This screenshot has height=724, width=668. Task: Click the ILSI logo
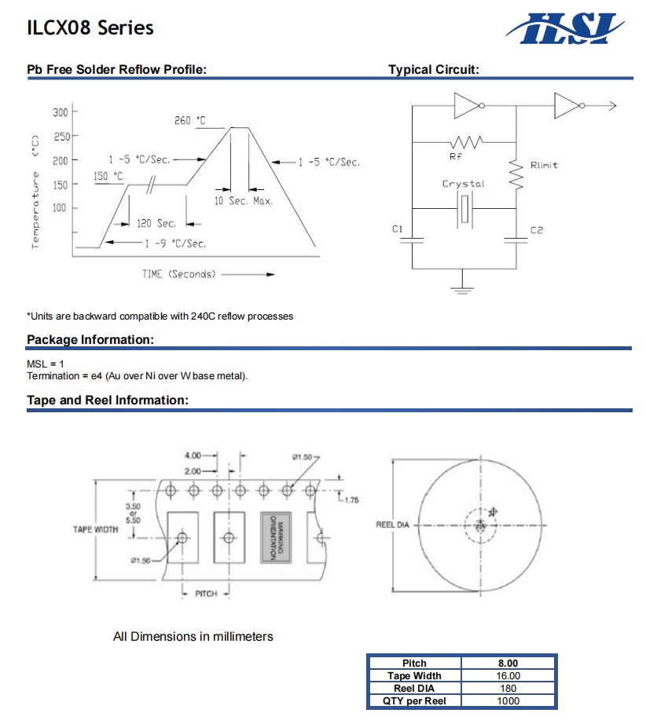pyautogui.click(x=568, y=28)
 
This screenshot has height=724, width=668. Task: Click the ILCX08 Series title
pyautogui.click(x=90, y=28)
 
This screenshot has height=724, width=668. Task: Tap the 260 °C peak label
pyautogui.click(x=190, y=120)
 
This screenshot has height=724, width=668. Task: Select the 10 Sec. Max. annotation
pyautogui.click(x=244, y=202)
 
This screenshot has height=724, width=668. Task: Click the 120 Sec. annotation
pyautogui.click(x=155, y=224)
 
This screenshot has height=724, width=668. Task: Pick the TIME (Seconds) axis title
pyautogui.click(x=178, y=274)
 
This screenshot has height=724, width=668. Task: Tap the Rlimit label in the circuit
pyautogui.click(x=544, y=166)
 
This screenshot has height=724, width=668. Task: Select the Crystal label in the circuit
pyautogui.click(x=464, y=184)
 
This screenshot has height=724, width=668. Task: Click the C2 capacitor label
pyautogui.click(x=536, y=230)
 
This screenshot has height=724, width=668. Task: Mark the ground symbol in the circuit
pyautogui.click(x=462, y=289)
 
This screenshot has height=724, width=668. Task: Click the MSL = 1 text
pyautogui.click(x=46, y=364)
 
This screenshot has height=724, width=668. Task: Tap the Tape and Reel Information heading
pyautogui.click(x=108, y=400)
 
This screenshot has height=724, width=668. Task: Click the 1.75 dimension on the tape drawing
pyautogui.click(x=351, y=499)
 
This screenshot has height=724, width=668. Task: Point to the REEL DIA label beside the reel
pyautogui.click(x=393, y=525)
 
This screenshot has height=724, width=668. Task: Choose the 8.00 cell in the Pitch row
pyautogui.click(x=508, y=664)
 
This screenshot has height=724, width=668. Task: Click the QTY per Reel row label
pyautogui.click(x=414, y=700)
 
